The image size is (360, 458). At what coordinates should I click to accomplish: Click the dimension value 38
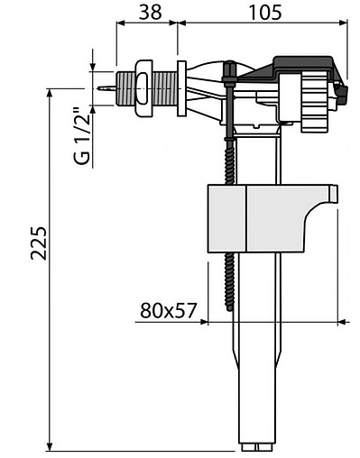tap(151, 12)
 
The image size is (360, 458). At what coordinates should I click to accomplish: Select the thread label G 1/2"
tap(82, 134)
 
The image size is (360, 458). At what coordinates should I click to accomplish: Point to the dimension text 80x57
tap(168, 311)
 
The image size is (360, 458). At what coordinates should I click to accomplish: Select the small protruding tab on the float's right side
tap(334, 194)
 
